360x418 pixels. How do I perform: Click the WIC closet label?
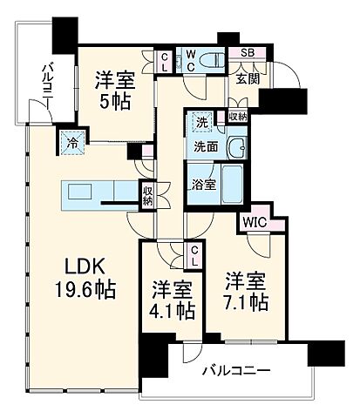(255, 221)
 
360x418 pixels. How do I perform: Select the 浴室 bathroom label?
(202, 184)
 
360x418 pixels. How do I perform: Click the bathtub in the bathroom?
(230, 184)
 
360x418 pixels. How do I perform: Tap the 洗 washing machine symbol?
(201, 122)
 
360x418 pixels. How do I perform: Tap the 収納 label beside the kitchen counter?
(149, 194)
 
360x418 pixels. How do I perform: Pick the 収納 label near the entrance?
(237, 116)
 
